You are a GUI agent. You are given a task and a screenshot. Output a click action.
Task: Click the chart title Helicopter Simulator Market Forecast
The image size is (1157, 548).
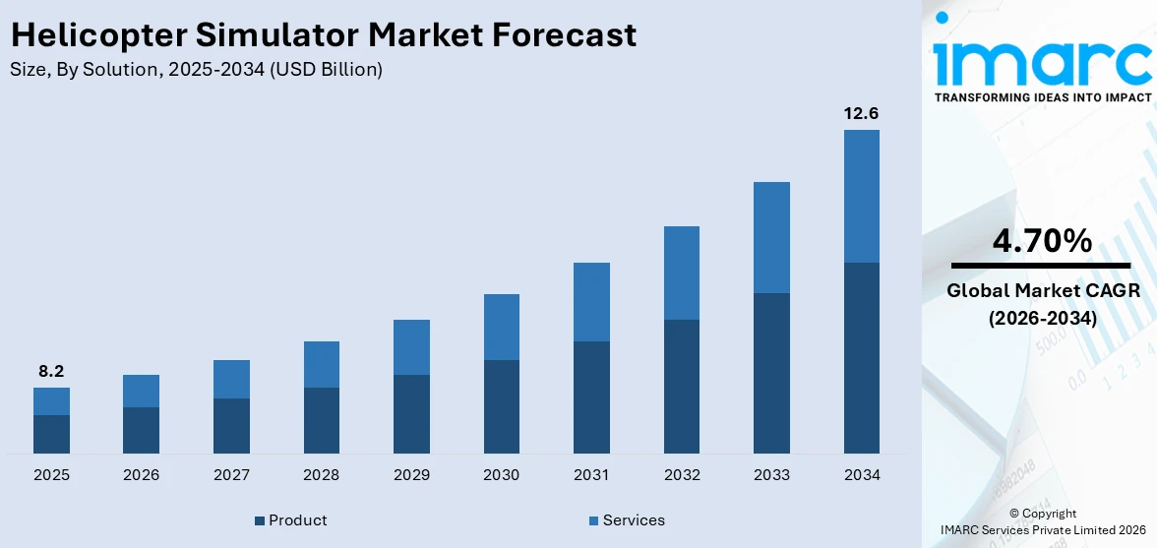pos(324,35)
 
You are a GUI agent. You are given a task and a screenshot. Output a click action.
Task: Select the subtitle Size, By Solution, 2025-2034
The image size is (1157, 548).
pos(196,70)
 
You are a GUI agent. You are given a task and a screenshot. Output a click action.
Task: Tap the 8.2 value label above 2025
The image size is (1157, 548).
pos(51,371)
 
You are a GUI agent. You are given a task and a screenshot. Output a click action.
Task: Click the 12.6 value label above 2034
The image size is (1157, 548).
pos(861,113)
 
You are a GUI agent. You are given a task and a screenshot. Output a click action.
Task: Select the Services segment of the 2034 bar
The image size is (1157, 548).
pos(861,196)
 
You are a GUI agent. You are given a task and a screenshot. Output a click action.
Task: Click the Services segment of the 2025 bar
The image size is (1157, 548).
pos(51,401)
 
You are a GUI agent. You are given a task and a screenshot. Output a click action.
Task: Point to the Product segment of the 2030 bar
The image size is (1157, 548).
pos(501,406)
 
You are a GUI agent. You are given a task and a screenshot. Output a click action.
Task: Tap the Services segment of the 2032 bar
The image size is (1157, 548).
pos(681,273)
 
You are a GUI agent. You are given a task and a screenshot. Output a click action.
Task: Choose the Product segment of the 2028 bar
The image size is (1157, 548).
pos(321,420)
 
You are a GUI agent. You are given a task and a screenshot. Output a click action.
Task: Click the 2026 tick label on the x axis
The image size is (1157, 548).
pos(141,475)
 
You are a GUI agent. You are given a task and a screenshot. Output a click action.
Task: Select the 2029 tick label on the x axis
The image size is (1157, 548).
pos(411,475)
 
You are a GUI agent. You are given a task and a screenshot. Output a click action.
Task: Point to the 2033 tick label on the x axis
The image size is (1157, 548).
pos(771,475)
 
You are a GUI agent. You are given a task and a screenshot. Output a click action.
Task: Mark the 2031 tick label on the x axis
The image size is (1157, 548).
pos(591,475)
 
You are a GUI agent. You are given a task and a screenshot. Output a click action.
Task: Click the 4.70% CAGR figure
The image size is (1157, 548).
pos(1041,240)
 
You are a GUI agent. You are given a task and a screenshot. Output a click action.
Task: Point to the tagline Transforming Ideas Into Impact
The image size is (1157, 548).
pos(1042,97)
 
